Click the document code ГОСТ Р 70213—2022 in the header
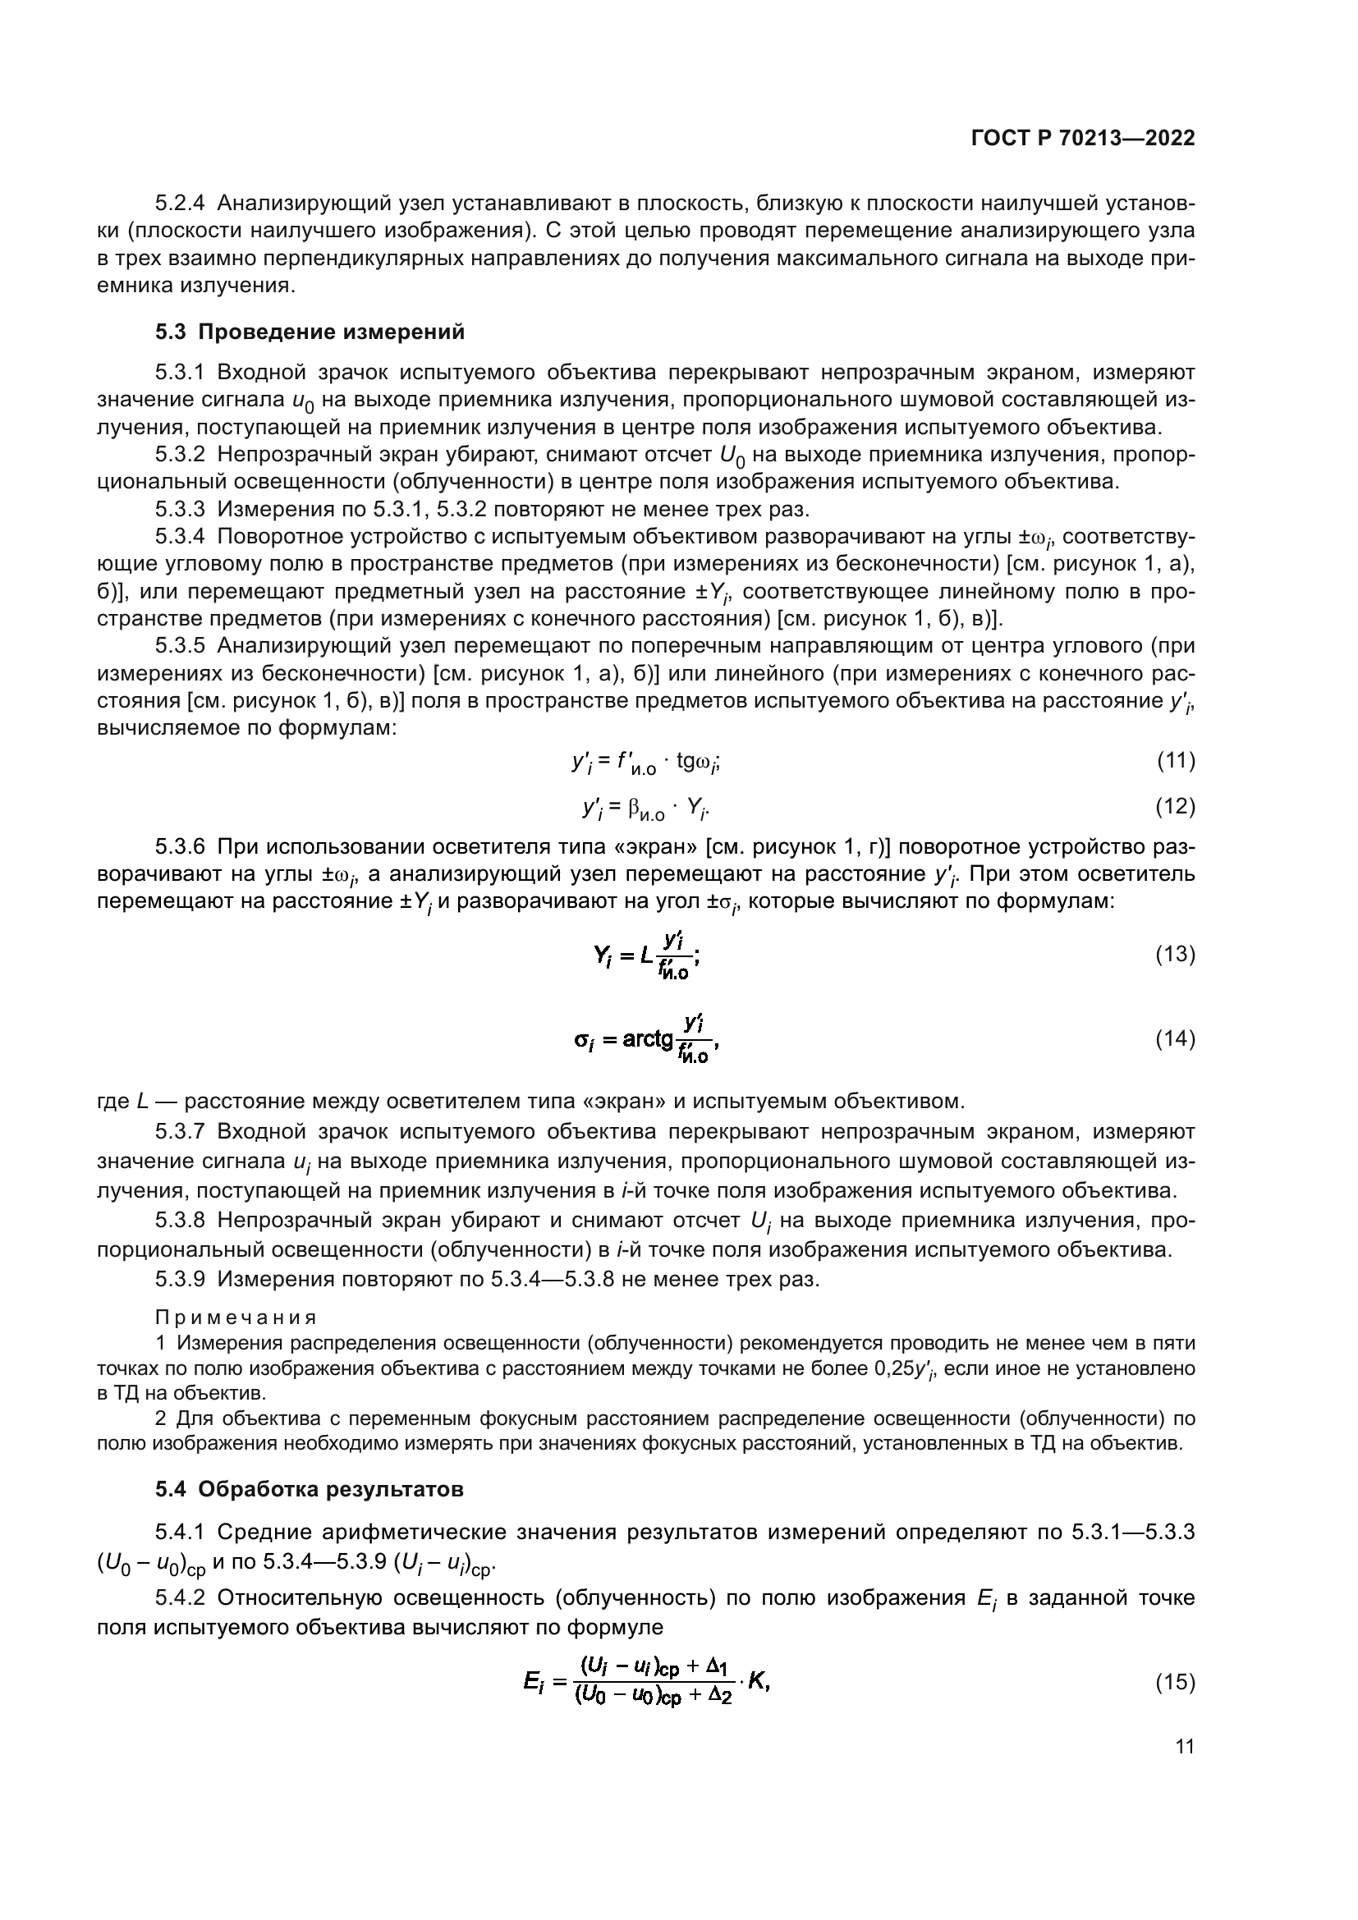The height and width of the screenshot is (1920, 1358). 1083,139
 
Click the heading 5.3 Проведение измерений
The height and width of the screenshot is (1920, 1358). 310,332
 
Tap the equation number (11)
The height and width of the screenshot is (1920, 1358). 1175,760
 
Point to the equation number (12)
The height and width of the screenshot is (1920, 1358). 1175,806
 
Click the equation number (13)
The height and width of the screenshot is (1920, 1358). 1175,954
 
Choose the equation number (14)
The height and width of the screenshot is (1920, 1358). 1175,1038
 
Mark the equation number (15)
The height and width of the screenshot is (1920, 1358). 1175,1682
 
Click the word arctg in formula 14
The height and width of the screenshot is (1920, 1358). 648,1039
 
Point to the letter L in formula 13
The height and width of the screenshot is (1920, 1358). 645,955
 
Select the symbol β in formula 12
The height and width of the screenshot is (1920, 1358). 635,807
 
